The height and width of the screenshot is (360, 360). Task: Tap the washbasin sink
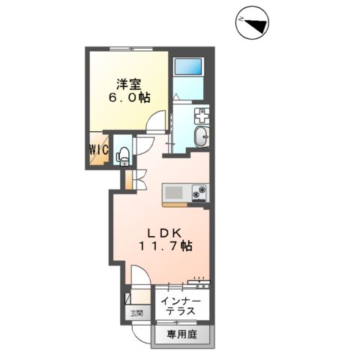tap(201, 136)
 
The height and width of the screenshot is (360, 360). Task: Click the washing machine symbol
tap(202, 115)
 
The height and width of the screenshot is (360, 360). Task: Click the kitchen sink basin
tap(175, 191)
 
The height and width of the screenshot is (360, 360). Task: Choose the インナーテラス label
tap(181, 305)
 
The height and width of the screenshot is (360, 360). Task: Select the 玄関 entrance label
tap(136, 313)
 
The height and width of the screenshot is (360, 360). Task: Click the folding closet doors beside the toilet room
tap(130, 180)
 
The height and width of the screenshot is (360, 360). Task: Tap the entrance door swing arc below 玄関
tap(133, 328)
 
